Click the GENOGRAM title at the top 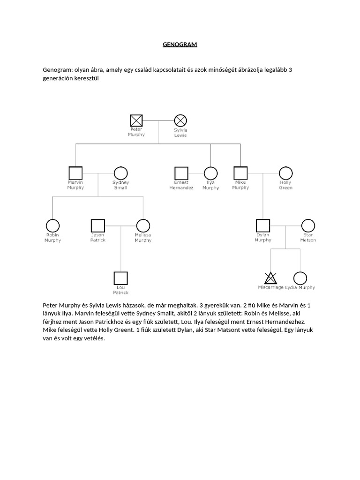(x=180, y=45)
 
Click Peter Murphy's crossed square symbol (x=136, y=120)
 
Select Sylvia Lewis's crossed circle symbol (x=180, y=121)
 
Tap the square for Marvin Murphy (x=75, y=173)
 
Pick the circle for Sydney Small (x=120, y=173)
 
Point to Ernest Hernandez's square (x=181, y=173)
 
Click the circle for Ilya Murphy (x=210, y=173)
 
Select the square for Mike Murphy (x=240, y=173)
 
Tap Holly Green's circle (x=285, y=173)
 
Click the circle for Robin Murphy (x=52, y=225)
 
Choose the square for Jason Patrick (x=97, y=225)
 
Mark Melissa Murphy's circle (x=143, y=225)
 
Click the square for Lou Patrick (x=120, y=278)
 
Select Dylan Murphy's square (x=262, y=225)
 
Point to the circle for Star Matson (x=308, y=225)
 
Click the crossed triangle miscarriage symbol (x=270, y=278)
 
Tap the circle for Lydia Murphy (x=300, y=278)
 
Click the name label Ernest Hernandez (x=181, y=185)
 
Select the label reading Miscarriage (x=270, y=287)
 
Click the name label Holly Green (x=285, y=185)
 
